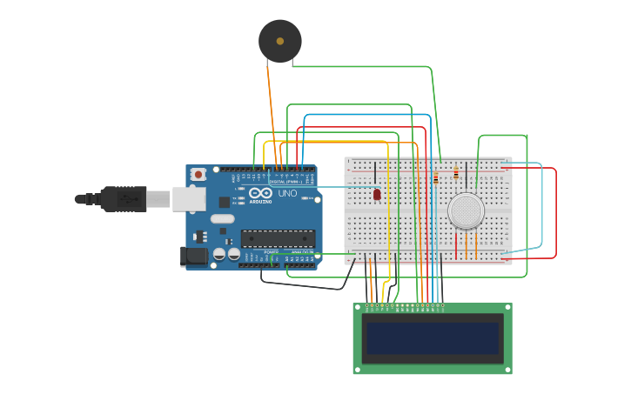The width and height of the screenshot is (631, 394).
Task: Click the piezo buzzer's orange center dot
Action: pyautogui.click(x=280, y=41)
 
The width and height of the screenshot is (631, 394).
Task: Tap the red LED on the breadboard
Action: pyautogui.click(x=377, y=194)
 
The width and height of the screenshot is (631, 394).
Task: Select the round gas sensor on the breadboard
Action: pyautogui.click(x=466, y=210)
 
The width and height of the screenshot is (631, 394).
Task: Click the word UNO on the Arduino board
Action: pyautogui.click(x=287, y=193)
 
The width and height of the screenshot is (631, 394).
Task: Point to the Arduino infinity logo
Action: pyautogui.click(x=260, y=193)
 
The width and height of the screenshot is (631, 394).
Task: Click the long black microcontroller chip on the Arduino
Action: pyautogui.click(x=278, y=238)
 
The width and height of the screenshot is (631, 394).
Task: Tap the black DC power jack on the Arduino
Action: pyautogui.click(x=194, y=256)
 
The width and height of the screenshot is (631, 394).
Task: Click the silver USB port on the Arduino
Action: pyautogui.click(x=188, y=199)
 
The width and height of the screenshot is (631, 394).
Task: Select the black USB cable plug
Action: pyautogui.click(x=122, y=199)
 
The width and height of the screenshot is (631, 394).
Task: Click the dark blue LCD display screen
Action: pyautogui.click(x=433, y=338)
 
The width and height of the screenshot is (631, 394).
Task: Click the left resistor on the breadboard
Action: pyautogui.click(x=436, y=177)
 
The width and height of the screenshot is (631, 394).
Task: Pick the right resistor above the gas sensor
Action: pyautogui.click(x=456, y=174)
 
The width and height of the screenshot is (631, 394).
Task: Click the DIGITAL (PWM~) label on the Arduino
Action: pyautogui.click(x=283, y=181)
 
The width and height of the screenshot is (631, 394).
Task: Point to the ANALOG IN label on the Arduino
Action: pyautogui.click(x=301, y=251)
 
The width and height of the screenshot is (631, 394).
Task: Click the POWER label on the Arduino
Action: pyautogui.click(x=271, y=251)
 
